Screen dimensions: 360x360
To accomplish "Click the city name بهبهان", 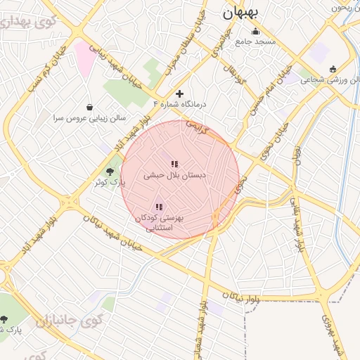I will coord(240,13).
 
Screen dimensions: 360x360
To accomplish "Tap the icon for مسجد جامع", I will coord(255,32).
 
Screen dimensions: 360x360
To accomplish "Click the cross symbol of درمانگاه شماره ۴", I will coord(180,94).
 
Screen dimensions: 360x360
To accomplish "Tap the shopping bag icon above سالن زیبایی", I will coord(89,107).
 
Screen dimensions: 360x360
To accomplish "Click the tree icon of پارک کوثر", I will coord(110,172).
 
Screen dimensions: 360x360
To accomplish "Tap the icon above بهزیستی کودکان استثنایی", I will coord(159,207).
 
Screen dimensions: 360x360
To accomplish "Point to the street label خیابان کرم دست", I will coord(45,71).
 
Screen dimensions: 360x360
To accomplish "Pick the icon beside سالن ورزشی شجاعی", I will coord(332,69).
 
